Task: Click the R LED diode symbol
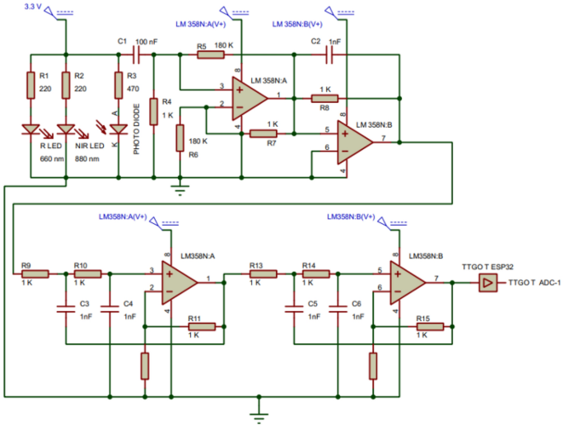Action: [31, 128]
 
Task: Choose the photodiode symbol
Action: [117, 128]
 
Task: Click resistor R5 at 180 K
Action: [210, 55]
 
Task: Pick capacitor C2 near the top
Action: [329, 54]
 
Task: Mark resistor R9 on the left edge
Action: [35, 273]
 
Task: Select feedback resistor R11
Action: [202, 327]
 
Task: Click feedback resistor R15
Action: [430, 327]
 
